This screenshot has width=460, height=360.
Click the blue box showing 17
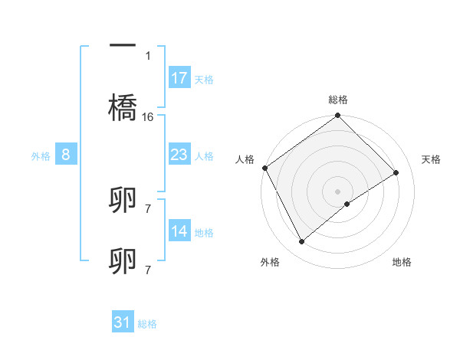point(179,78)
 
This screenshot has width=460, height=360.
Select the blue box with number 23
point(179,155)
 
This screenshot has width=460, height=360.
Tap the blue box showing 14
point(179,231)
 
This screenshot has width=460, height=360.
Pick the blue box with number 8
point(66,155)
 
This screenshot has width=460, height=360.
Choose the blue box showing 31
point(123,322)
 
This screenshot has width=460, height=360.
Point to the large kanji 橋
point(123,107)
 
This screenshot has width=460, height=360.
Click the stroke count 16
point(148,117)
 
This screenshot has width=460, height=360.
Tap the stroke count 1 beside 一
point(148,55)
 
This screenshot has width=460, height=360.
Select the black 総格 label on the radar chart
point(338,100)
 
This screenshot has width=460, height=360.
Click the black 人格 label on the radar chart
point(245,159)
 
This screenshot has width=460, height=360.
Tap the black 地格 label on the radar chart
point(402,263)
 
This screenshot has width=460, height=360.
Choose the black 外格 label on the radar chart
point(270,263)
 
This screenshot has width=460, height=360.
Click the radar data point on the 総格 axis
point(338,116)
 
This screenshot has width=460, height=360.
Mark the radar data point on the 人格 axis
point(264,168)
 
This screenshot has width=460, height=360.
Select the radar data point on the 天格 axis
point(396,172)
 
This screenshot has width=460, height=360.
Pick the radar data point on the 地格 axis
point(347,204)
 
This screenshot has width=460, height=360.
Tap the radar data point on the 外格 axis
point(302,242)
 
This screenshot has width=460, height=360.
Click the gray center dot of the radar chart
point(338,191)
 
